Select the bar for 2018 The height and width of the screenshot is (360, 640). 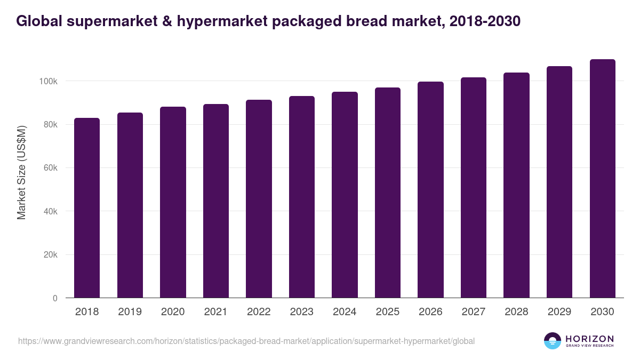87,208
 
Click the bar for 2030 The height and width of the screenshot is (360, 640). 602,179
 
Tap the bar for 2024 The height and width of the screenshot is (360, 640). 345,195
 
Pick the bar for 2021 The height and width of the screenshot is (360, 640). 216,201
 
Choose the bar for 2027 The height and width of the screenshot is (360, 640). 474,188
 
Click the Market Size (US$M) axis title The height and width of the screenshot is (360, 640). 21,172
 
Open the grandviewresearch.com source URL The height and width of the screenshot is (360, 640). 246,341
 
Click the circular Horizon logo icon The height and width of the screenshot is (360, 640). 553,341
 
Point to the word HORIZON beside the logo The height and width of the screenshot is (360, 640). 589,339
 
